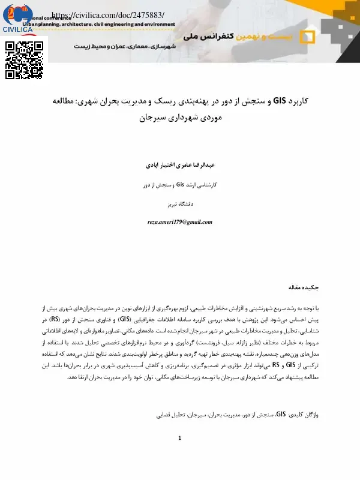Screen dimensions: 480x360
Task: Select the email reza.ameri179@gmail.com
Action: point(180,222)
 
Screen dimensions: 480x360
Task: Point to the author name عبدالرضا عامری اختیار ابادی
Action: point(180,164)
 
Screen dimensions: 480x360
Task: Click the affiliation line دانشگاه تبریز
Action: point(180,204)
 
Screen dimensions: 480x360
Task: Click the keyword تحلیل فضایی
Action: point(171,398)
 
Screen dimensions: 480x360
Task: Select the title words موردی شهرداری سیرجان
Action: point(180,118)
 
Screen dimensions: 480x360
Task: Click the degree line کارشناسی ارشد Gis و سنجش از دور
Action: point(180,185)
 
